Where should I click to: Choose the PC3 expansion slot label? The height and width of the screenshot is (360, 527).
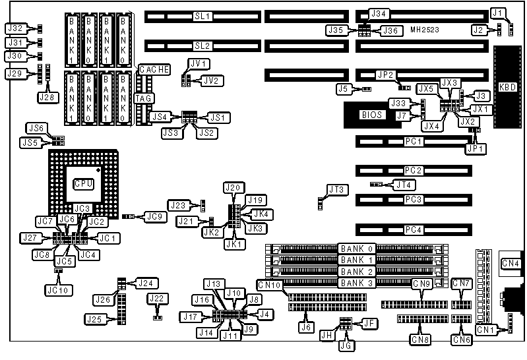click(x=414, y=199)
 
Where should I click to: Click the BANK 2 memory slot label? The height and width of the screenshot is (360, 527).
click(x=356, y=272)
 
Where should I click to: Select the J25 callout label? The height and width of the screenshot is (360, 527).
click(x=95, y=319)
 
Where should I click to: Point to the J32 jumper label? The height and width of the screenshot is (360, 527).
click(x=15, y=28)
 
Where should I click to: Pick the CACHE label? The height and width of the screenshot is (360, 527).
click(x=155, y=69)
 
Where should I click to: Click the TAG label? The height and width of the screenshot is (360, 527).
click(x=144, y=98)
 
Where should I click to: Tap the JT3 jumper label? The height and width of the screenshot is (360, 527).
click(x=337, y=190)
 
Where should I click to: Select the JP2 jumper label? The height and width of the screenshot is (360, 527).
click(x=385, y=75)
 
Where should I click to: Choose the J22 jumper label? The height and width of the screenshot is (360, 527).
click(x=157, y=299)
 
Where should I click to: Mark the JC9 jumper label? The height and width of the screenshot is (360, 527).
click(x=154, y=215)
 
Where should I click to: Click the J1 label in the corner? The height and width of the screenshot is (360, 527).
click(x=499, y=13)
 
